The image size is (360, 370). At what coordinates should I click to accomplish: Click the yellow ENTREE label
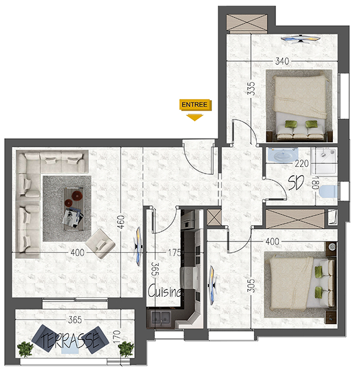[194, 105]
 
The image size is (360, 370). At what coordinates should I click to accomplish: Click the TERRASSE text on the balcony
[71, 339]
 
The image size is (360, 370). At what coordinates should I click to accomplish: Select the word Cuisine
[165, 292]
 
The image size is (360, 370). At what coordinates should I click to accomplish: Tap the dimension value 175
[175, 253]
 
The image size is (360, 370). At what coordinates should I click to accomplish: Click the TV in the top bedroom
[300, 40]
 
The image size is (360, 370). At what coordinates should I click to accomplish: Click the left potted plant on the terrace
[25, 349]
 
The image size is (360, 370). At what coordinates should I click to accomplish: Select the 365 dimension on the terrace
[74, 320]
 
